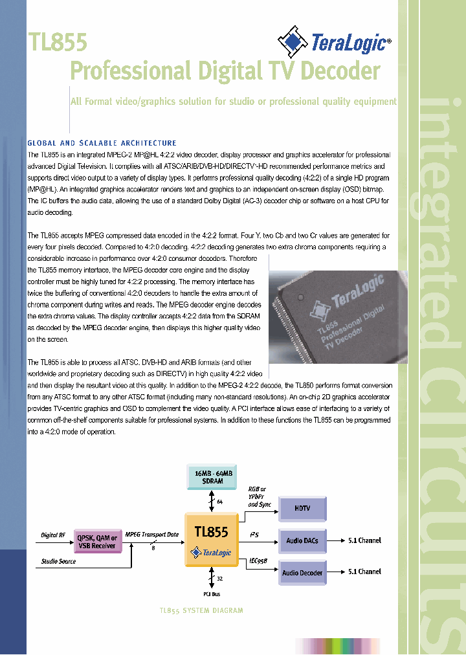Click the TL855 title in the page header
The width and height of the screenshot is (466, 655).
57,43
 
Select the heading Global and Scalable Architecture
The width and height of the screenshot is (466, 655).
102,143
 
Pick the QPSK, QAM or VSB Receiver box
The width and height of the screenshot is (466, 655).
96,542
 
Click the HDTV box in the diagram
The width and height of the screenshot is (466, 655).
302,509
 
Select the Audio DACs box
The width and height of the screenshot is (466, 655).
302,540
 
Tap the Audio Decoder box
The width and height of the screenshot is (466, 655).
302,572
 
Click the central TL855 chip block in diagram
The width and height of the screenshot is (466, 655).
212,540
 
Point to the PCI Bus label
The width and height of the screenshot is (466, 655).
212,594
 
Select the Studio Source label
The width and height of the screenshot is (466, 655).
58,561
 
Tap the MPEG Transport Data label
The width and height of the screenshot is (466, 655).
151,534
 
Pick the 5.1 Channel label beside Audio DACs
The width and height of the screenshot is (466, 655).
364,540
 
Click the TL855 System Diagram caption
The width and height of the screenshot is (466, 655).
201,610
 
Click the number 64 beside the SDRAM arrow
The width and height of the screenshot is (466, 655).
220,502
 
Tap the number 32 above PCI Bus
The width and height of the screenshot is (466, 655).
220,579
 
